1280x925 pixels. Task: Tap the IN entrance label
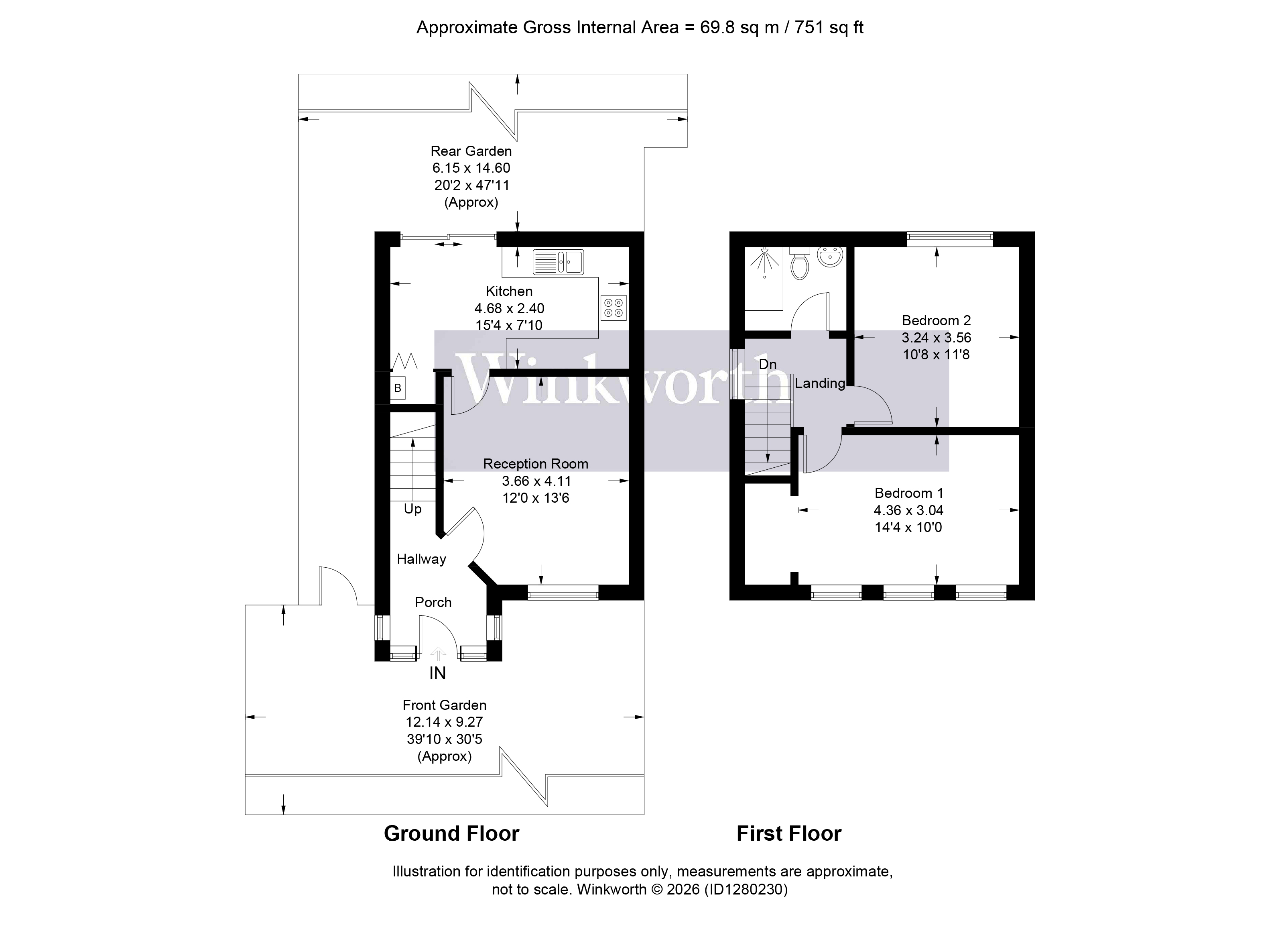pyautogui.click(x=437, y=674)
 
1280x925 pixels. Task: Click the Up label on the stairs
pyautogui.click(x=412, y=509)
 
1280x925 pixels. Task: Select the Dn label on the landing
pyautogui.click(x=768, y=364)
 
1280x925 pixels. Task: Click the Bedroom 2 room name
pyautogui.click(x=936, y=321)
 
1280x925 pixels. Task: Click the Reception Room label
pyautogui.click(x=536, y=464)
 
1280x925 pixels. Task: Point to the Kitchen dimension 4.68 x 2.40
pyautogui.click(x=509, y=308)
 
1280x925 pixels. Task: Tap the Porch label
pyautogui.click(x=433, y=603)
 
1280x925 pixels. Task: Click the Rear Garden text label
pyautogui.click(x=471, y=151)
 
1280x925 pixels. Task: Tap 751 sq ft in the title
pyautogui.click(x=829, y=28)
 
